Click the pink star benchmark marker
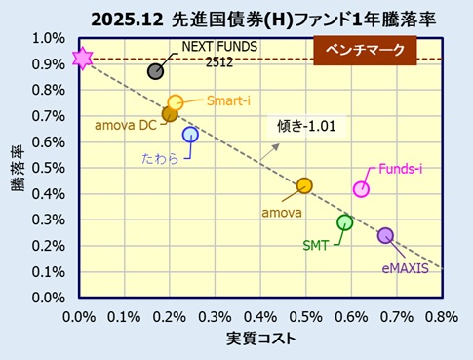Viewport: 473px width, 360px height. tap(81, 59)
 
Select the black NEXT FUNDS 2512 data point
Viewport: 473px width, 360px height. tap(156, 71)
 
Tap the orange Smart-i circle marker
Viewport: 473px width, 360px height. tap(176, 102)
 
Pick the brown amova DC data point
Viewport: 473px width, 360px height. tap(170, 114)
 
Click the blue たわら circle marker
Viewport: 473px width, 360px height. tap(190, 135)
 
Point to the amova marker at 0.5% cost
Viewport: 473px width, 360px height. tap(304, 185)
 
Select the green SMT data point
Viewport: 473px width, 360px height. tap(344, 222)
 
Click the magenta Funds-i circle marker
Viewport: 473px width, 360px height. tap(361, 189)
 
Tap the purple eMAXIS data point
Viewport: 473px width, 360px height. tap(385, 235)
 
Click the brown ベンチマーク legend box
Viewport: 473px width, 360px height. tap(364, 50)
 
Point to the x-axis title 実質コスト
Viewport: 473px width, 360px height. tap(260, 339)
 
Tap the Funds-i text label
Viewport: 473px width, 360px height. tap(400, 169)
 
